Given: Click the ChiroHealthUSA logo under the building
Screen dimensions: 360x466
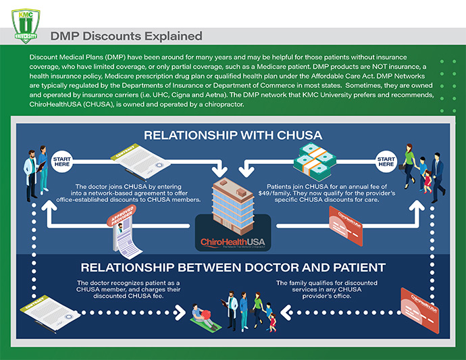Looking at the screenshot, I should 233,242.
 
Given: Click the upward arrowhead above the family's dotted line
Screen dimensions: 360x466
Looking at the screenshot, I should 419,209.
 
